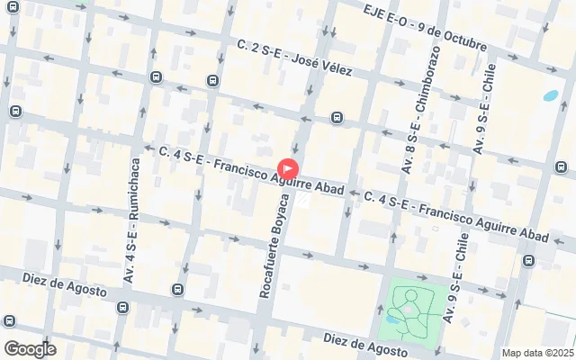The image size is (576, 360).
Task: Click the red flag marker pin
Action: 287,167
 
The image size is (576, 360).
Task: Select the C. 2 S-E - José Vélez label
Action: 295,56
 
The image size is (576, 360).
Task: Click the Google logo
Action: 30,348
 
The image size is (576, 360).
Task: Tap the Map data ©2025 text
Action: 537,353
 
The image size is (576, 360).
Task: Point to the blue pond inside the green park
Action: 393,318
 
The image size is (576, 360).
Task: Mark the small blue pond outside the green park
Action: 550,94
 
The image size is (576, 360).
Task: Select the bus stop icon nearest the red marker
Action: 336,117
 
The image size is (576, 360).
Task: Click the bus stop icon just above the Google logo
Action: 10,320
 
